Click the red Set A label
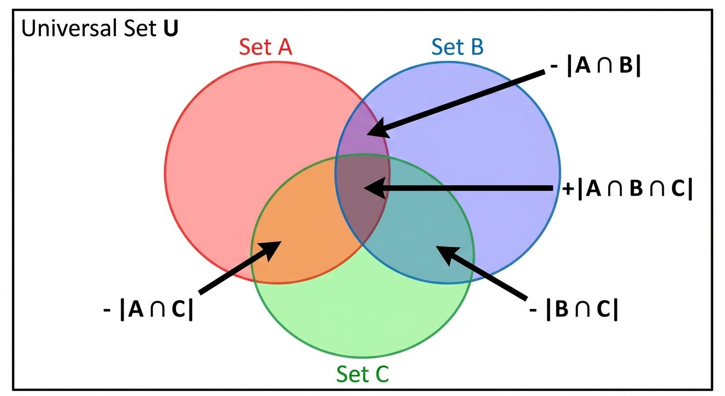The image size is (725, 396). point(265,47)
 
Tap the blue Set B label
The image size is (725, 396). point(457,47)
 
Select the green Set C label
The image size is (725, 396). point(362,374)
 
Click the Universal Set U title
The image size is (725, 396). point(99,29)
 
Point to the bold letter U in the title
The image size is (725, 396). point(171,29)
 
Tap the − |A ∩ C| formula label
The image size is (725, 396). point(148,311)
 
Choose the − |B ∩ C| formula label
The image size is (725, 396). point(574,310)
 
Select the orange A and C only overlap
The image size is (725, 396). point(304,242)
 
